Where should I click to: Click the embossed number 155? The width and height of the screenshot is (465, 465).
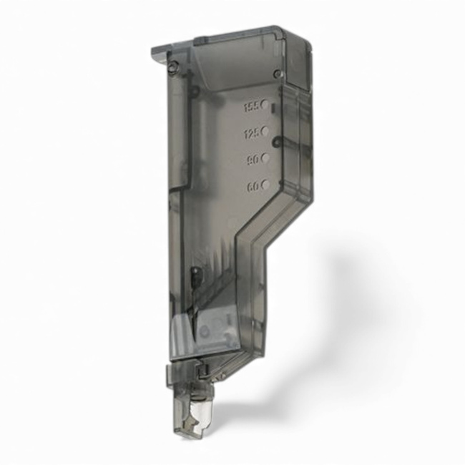point(250,107)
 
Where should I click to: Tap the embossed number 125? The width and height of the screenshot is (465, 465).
point(251,134)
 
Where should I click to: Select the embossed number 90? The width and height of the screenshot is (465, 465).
point(253,160)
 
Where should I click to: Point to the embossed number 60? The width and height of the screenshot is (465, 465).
point(253,186)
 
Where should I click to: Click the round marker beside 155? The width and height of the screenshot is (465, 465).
point(265,104)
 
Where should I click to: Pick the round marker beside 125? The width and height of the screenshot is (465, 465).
point(265,131)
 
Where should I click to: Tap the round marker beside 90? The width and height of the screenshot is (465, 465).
point(265,157)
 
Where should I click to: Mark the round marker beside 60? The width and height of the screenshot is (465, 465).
point(265,184)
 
